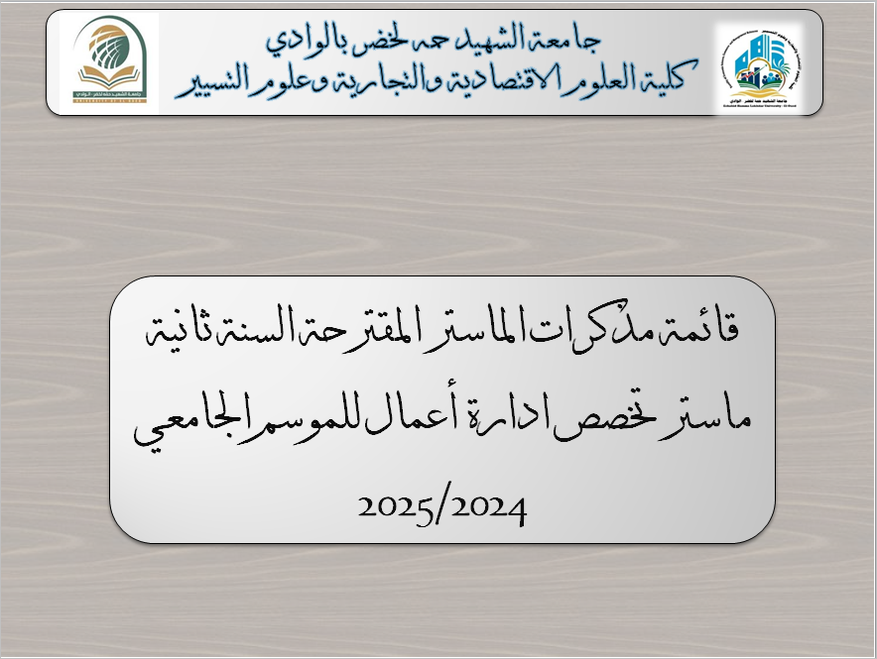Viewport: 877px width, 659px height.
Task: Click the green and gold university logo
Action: pyautogui.click(x=110, y=58)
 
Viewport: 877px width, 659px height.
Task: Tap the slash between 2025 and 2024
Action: pyautogui.click(x=441, y=509)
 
